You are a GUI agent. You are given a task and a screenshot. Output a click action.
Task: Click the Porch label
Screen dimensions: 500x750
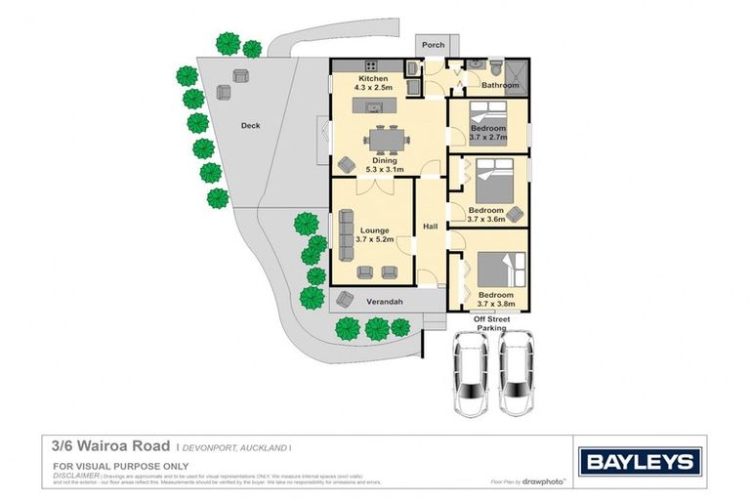click(x=432, y=45)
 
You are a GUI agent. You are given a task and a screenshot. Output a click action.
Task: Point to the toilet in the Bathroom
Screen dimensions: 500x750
click(x=497, y=69)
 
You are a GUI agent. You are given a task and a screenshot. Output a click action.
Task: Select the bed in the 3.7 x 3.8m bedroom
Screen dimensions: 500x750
click(x=492, y=269)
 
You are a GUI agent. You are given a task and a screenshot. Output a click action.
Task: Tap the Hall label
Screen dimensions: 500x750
click(x=430, y=228)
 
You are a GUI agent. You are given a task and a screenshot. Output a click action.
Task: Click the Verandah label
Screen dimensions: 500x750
click(x=385, y=302)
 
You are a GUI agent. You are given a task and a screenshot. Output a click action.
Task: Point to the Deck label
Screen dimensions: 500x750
click(x=251, y=126)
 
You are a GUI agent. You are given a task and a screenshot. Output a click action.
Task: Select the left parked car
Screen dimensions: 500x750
click(x=471, y=373)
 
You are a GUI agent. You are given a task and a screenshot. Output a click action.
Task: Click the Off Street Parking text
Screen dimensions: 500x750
click(x=491, y=323)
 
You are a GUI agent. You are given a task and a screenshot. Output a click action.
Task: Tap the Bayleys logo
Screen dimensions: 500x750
click(x=639, y=462)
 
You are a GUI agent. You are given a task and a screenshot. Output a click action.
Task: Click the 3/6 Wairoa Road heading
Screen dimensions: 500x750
click(x=112, y=446)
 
